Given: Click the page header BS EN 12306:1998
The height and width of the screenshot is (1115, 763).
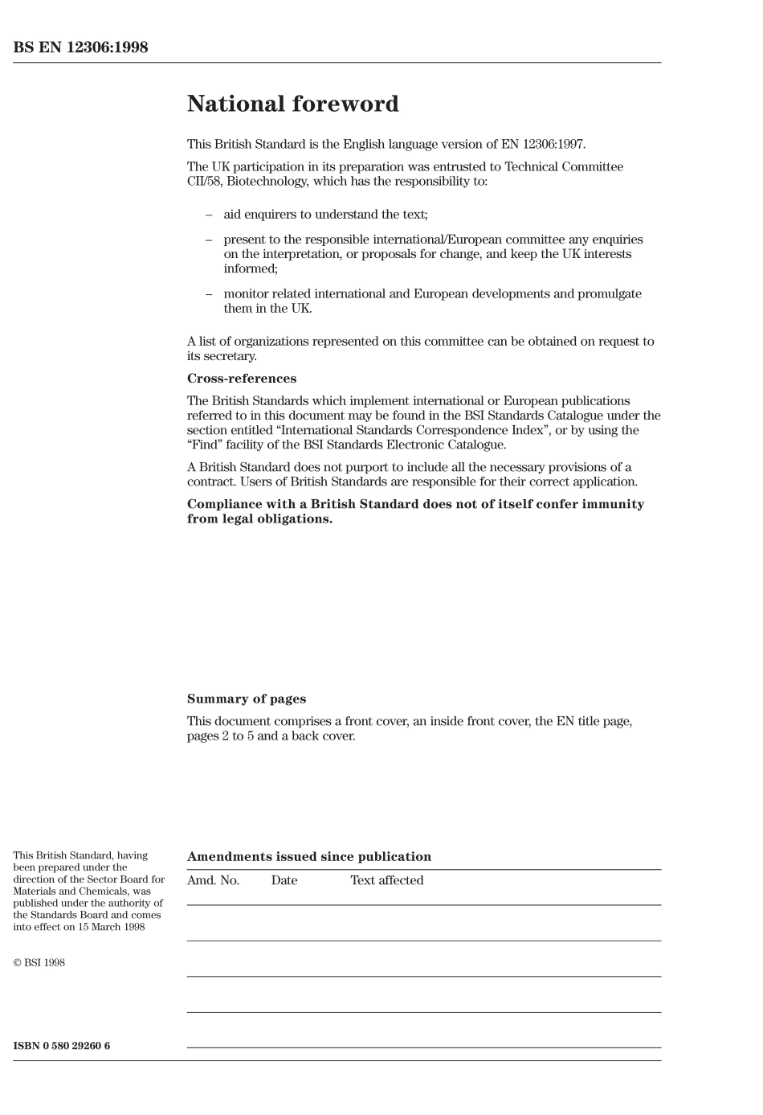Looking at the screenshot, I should [x=80, y=47].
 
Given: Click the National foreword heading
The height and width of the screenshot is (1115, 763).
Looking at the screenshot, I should [x=292, y=105].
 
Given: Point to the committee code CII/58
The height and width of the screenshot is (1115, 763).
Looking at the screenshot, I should [x=204, y=182].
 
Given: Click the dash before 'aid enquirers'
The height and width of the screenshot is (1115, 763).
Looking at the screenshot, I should [x=209, y=215].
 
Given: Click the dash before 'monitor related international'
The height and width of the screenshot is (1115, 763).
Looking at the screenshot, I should [x=209, y=294].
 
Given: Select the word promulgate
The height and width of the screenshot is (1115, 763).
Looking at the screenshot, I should [x=612, y=294].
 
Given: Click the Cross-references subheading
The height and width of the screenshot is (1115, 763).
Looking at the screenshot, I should [x=241, y=379].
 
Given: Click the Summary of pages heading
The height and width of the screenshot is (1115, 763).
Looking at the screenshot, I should [x=247, y=699].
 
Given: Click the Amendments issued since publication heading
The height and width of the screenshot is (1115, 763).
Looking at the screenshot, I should [x=308, y=857].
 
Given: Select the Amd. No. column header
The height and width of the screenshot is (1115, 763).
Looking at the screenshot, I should [x=213, y=880].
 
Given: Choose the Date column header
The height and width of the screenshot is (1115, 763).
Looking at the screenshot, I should [x=284, y=880].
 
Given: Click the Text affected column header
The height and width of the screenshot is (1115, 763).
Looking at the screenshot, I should [x=386, y=880].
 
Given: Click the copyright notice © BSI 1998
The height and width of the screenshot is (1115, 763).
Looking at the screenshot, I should [x=39, y=963].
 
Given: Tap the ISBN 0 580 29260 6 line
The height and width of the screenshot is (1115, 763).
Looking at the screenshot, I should [x=62, y=1046].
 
